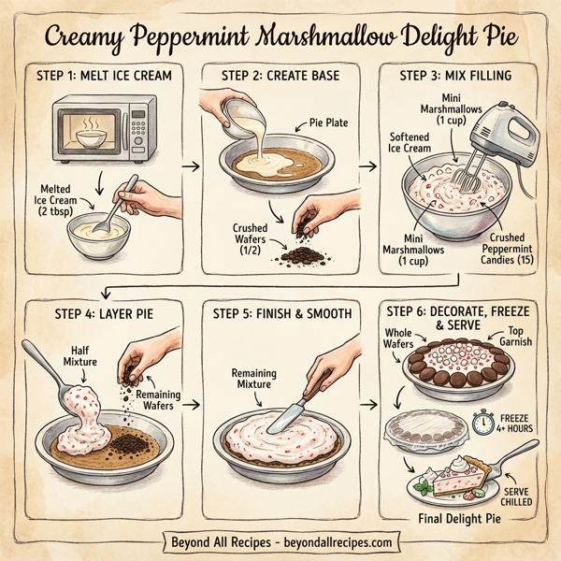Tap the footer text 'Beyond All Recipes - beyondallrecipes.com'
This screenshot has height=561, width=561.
click(280, 542)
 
